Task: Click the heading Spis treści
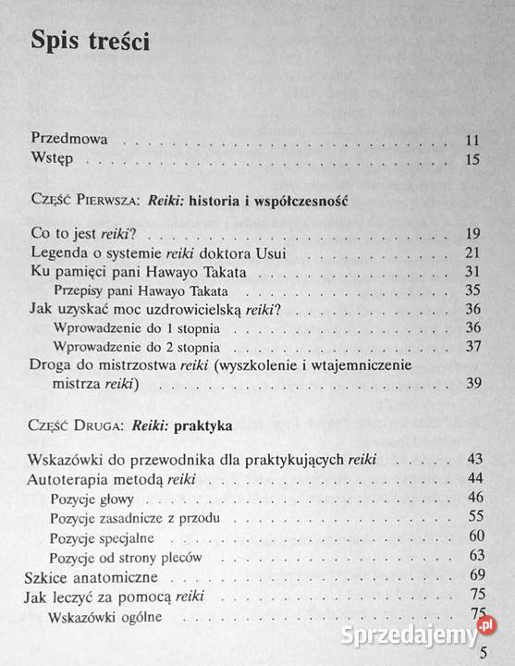coord(92,43)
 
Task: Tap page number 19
coord(472,233)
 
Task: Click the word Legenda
coord(60,253)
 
